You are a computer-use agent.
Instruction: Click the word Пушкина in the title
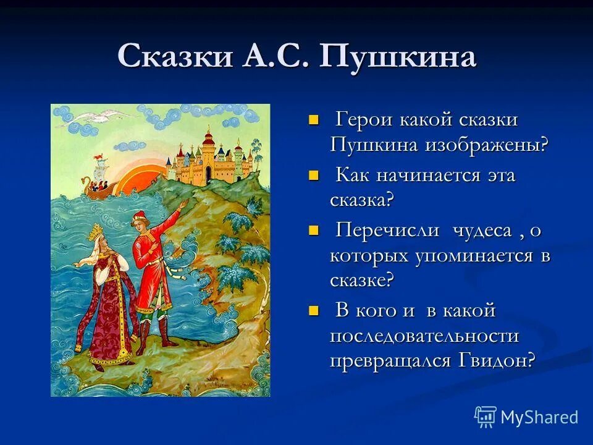(398, 57)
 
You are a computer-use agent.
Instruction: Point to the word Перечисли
(387, 230)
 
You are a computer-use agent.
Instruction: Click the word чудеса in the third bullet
(482, 230)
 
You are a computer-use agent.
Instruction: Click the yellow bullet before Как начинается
(313, 175)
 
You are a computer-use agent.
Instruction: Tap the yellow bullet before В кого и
(313, 311)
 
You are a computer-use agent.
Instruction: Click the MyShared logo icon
(485, 417)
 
